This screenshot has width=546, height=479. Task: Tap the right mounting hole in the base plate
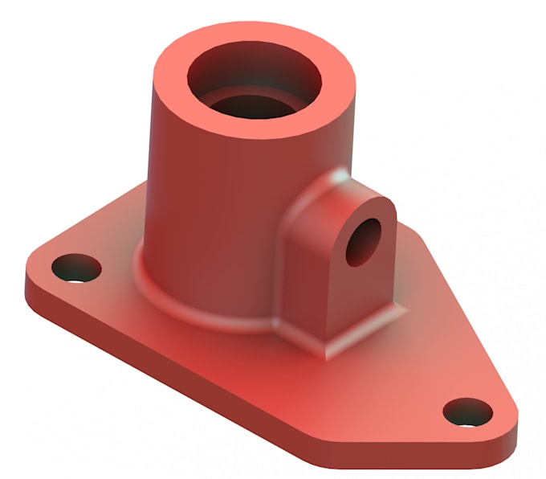click(x=468, y=411)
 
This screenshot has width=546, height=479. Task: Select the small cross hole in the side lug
click(x=365, y=241)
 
